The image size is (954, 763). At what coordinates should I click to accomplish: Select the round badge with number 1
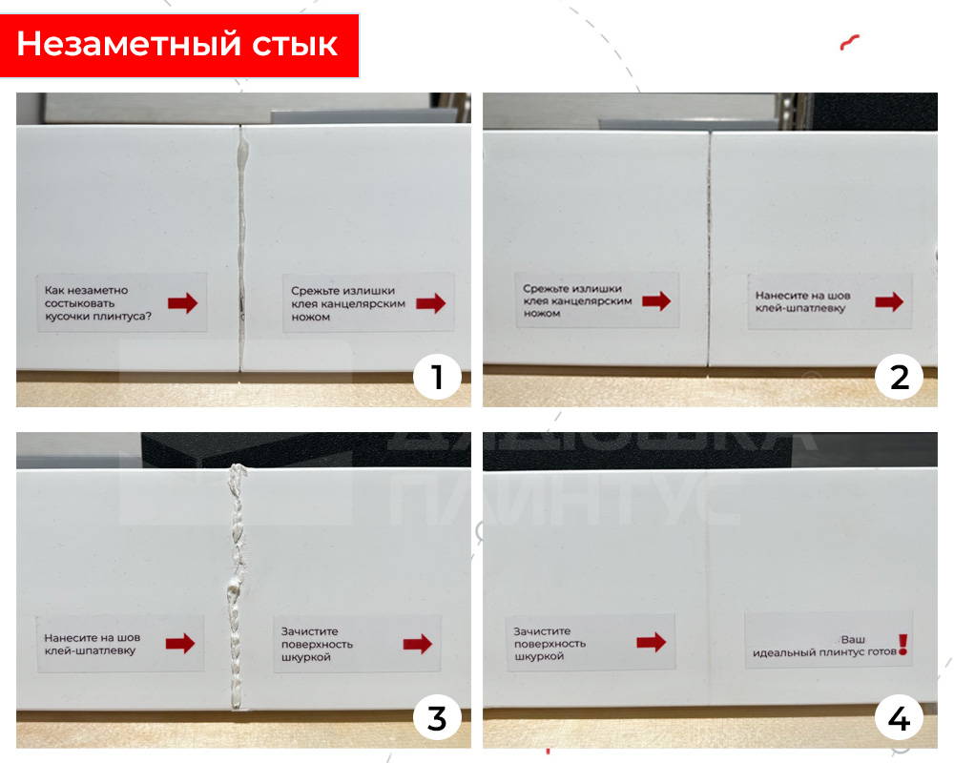(x=437, y=378)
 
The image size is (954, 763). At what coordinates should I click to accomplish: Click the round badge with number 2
(x=899, y=378)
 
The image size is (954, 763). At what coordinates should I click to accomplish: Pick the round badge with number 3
(x=437, y=717)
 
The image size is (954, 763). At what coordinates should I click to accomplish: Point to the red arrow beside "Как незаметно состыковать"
(x=182, y=303)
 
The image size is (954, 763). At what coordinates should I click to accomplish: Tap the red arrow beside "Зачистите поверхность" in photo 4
(x=651, y=643)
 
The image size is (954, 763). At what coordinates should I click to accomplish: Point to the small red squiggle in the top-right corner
(x=850, y=42)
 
